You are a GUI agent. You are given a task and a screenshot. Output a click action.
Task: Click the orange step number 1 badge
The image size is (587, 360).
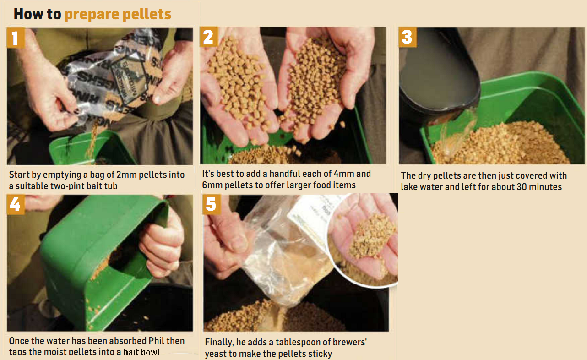(x=15, y=37)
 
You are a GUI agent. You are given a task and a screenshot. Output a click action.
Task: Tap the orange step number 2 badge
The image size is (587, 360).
(x=209, y=37)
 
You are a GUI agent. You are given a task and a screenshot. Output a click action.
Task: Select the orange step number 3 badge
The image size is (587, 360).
(x=408, y=37)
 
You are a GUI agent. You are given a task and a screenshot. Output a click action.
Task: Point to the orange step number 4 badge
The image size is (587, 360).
(x=15, y=204)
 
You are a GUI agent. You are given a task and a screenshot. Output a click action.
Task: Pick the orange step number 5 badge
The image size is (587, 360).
(x=211, y=204)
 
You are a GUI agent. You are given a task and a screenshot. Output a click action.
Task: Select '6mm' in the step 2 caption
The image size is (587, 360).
(x=213, y=185)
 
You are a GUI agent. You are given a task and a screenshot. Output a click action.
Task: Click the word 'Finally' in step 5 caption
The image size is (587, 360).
(x=219, y=343)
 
